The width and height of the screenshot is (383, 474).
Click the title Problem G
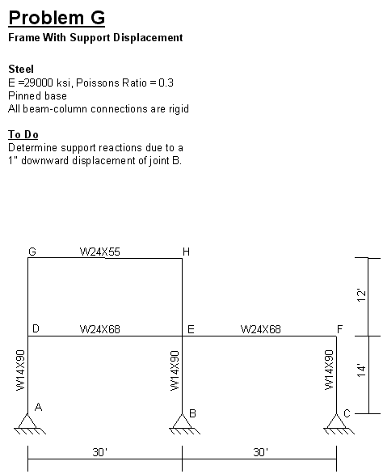coord(57,18)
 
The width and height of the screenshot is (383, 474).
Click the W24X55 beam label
coord(100,252)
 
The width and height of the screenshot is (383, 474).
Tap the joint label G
coord(32,252)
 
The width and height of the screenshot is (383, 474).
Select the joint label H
coord(186,252)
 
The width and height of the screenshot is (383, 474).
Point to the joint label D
coord(36,328)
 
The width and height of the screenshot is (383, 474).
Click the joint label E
coord(191,329)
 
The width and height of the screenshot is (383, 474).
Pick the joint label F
coord(340,329)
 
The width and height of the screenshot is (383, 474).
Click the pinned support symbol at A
coord(30,424)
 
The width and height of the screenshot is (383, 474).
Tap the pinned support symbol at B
coord(184,424)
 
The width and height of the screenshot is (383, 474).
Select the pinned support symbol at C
coord(339,424)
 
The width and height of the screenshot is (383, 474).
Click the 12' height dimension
coord(361,295)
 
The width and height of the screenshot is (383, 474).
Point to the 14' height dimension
coord(361,370)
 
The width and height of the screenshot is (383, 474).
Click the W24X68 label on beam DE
coord(100,329)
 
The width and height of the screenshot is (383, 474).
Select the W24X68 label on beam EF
coord(261,329)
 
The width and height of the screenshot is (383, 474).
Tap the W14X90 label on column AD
coord(20,370)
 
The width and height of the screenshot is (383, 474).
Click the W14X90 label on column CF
coord(329,370)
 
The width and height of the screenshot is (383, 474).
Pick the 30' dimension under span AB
coord(100,452)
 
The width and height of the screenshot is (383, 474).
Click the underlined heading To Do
coord(23,134)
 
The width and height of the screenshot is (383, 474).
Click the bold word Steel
coord(21,69)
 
